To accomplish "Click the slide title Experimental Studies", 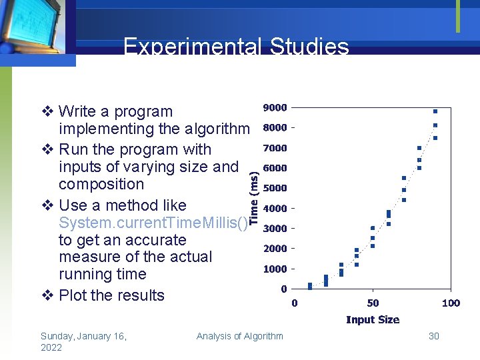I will point(236,47).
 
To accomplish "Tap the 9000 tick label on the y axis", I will point(275,107).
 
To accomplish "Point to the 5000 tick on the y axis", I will point(275,188).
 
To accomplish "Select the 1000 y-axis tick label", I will point(275,269).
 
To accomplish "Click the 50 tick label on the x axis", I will point(373,303).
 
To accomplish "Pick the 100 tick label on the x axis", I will point(451,303).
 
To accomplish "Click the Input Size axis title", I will point(373,320).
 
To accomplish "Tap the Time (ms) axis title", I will point(255,195).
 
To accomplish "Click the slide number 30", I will point(434,336).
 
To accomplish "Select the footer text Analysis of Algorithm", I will point(239,336).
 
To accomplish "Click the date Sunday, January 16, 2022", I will point(83,341).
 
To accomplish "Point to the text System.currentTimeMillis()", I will point(153,223).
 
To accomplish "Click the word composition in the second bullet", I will point(101,184).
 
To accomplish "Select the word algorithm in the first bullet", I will point(212,129).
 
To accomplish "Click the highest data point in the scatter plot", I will point(435,111).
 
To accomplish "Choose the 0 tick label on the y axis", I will point(283,289).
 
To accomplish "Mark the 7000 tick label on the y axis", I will point(275,148).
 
